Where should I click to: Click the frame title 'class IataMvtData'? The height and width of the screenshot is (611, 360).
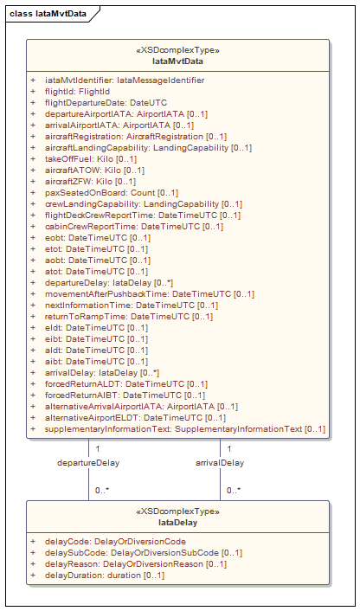[x=48, y=14]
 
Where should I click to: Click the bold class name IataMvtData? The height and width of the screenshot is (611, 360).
[x=177, y=61]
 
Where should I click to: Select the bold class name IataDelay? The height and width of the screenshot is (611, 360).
[x=177, y=523]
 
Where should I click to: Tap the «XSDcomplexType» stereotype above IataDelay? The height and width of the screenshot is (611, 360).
[x=177, y=511]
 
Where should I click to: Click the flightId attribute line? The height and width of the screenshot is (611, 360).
[x=78, y=92]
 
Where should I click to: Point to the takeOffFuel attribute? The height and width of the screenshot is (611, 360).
[x=91, y=159]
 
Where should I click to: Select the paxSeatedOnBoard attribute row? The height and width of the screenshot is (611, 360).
[x=112, y=192]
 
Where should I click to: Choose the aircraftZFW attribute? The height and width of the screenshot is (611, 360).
[x=90, y=182]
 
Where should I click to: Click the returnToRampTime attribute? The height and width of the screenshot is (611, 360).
[x=129, y=317]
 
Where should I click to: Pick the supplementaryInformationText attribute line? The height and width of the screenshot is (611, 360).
[x=185, y=429]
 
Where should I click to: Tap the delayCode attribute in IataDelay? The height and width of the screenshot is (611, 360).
[x=115, y=541]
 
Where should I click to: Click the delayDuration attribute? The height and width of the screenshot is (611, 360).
[x=105, y=575]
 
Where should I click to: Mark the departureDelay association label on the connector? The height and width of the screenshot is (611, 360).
[x=88, y=463]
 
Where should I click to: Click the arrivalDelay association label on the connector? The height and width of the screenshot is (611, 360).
[x=220, y=463]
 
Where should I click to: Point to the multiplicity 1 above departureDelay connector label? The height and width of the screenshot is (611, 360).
[x=98, y=449]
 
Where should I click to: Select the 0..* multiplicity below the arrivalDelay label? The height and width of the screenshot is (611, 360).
[x=234, y=491]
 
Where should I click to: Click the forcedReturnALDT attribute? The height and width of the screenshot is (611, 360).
[x=126, y=384]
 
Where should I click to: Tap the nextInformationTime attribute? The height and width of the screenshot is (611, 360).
[x=132, y=305]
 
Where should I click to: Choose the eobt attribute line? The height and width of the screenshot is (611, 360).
[x=98, y=238]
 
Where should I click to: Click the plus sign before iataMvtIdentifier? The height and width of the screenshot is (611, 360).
[x=33, y=80]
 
